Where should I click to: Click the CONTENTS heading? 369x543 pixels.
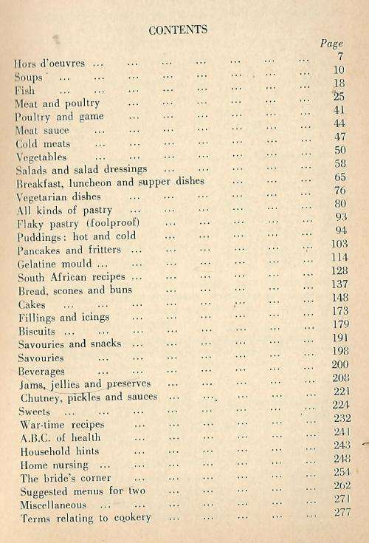coord(178,30)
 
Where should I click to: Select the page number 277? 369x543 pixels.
coord(340,511)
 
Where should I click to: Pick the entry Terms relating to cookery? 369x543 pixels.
coord(86,518)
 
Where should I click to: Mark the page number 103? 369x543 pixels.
coord(338,243)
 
